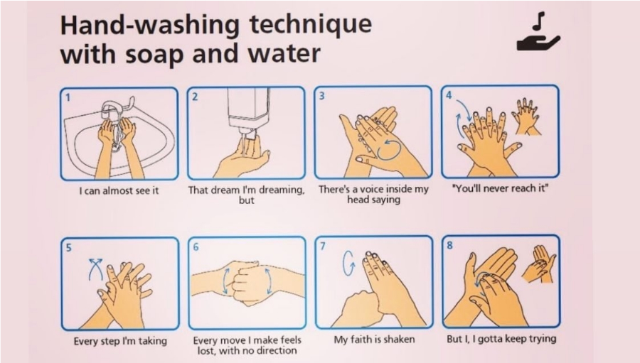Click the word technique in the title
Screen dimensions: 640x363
(x=311, y=25)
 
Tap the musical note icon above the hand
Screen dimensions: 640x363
(x=539, y=21)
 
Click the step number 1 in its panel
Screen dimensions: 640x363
(x=68, y=97)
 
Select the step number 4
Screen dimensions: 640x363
(x=449, y=95)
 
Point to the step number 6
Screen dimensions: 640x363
(x=196, y=247)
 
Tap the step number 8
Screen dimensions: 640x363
(x=450, y=245)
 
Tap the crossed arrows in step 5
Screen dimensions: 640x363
(x=95, y=269)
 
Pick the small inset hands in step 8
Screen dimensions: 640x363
(x=540, y=264)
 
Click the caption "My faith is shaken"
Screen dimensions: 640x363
(x=374, y=340)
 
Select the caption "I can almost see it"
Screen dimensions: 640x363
(x=119, y=190)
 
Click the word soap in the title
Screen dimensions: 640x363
(x=155, y=54)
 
